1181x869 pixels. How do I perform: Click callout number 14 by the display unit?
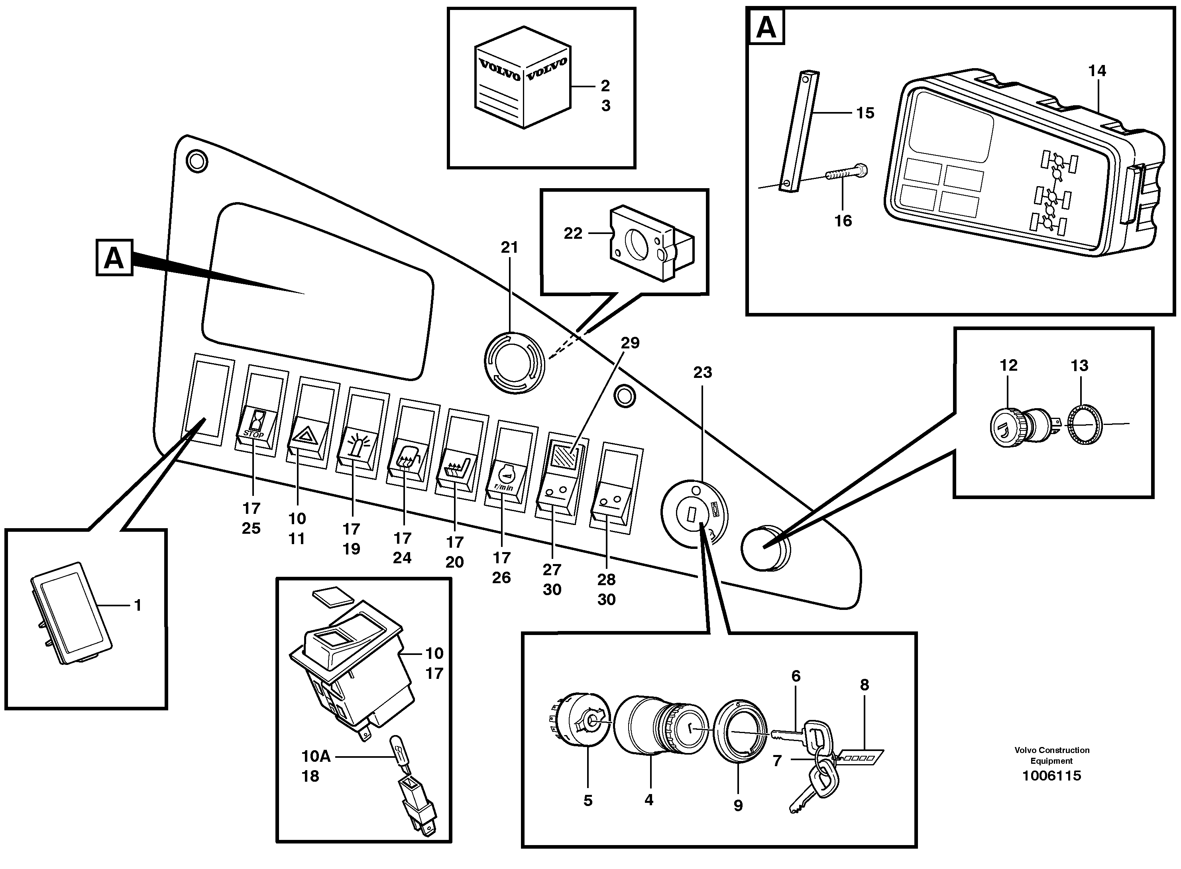click(1097, 71)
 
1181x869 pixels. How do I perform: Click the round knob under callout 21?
click(514, 363)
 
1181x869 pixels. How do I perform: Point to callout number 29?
click(630, 343)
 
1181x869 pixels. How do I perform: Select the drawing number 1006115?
click(1051, 776)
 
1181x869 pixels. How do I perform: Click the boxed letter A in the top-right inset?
click(766, 28)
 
